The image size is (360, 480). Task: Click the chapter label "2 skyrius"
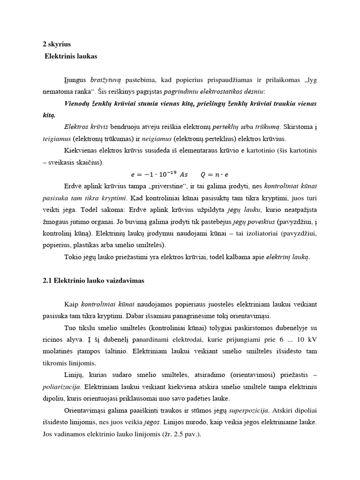[57, 44]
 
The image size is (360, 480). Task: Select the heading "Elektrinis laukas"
[71, 56]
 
